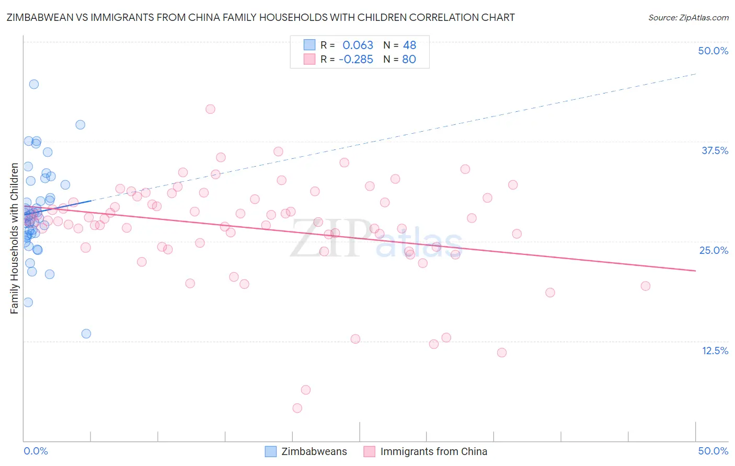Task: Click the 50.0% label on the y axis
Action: pos(713,51)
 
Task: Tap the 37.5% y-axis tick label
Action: pos(715,150)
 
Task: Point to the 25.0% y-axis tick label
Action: pos(714,250)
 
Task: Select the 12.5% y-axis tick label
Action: pos(715,351)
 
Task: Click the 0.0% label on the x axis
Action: pos(36,451)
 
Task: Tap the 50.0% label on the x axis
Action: pos(713,451)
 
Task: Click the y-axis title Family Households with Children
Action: pos(15,238)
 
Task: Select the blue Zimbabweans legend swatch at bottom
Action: pos(271,451)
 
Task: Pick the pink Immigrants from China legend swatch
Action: pos(370,451)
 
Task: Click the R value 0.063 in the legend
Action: pos(358,45)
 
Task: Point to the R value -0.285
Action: pos(355,60)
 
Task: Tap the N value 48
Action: pos(409,45)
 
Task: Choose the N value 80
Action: pos(409,60)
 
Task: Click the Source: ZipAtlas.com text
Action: pos(688,18)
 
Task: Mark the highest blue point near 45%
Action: pos(34,84)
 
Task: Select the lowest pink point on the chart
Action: pos(297,408)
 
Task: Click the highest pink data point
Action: pos(211,109)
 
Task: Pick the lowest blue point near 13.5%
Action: pos(86,334)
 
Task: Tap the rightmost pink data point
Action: pos(646,286)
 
